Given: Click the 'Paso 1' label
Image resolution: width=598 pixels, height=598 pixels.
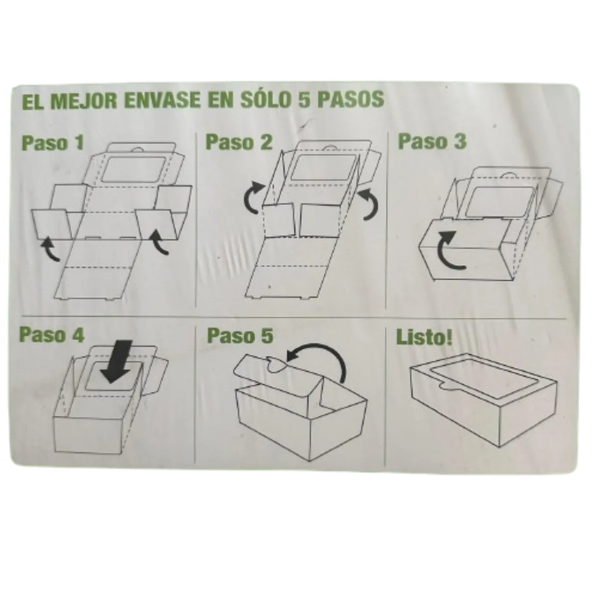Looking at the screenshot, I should pyautogui.click(x=52, y=143).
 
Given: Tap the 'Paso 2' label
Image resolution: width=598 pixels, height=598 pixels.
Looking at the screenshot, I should pyautogui.click(x=239, y=142).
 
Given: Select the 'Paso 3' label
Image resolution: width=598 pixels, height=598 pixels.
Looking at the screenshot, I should pyautogui.click(x=432, y=141).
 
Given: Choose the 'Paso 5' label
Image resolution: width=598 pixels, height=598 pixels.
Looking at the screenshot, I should pyautogui.click(x=240, y=335).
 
